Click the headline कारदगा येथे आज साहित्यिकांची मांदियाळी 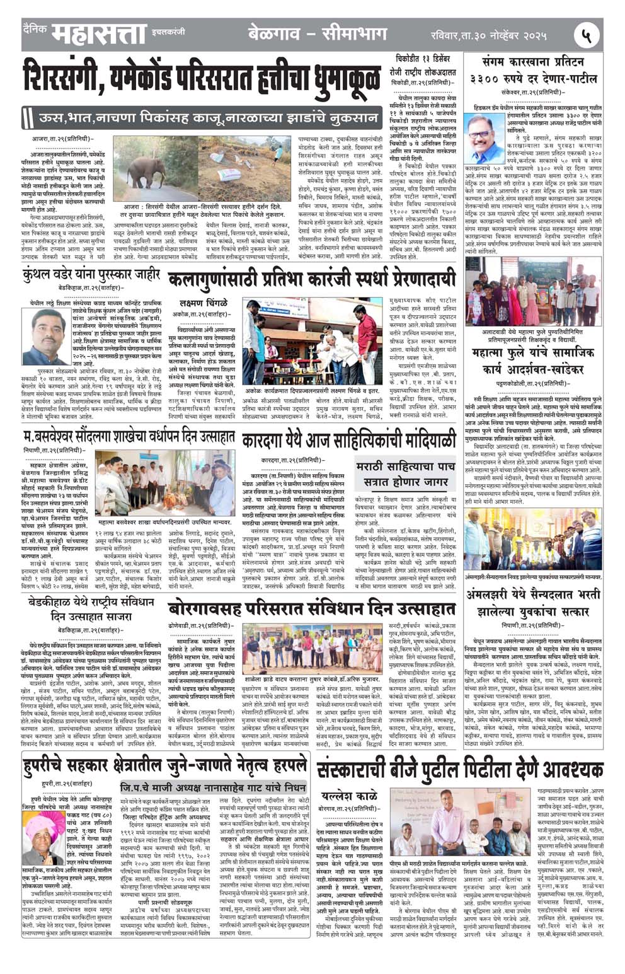tap(348, 439)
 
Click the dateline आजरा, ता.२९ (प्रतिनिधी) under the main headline tap(62, 138)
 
